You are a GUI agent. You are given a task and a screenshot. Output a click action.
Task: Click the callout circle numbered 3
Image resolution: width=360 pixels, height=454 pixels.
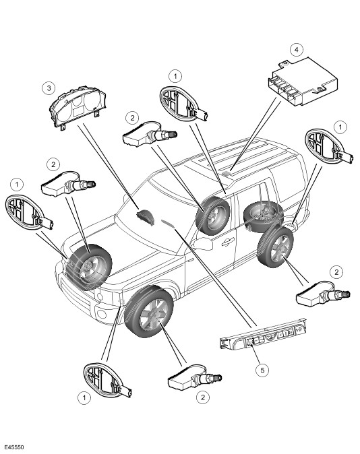[49, 88]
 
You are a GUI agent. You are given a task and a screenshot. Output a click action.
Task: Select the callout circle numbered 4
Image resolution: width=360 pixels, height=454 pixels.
[296, 50]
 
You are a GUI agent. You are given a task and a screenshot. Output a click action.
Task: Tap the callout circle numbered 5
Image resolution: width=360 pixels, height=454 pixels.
[262, 370]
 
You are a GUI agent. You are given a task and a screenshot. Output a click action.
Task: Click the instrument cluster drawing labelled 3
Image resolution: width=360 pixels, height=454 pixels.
[78, 107]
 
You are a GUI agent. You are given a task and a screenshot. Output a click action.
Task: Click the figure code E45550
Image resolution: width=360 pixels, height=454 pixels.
[14, 447]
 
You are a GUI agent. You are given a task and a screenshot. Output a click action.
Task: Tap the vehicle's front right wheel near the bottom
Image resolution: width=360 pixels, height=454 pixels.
[149, 312]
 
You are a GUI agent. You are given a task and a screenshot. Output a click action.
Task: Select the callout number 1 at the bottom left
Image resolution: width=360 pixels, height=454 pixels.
[84, 397]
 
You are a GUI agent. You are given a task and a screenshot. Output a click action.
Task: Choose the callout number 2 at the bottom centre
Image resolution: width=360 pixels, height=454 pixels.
[203, 397]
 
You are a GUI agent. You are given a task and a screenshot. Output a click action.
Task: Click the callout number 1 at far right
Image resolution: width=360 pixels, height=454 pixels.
[340, 127]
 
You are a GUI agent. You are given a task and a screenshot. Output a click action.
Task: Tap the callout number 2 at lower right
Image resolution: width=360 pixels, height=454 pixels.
[336, 272]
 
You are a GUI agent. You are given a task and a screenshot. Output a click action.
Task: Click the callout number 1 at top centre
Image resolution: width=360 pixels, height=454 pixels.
[175, 76]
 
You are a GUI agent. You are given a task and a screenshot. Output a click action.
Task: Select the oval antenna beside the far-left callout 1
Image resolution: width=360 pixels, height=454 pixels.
[28, 213]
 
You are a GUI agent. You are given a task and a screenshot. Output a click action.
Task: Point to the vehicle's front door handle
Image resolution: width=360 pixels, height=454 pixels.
[228, 242]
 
